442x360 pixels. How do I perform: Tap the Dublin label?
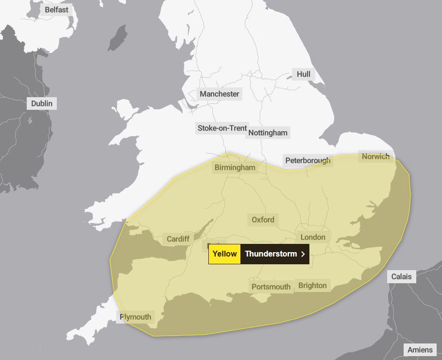42,103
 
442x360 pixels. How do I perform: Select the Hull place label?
304,74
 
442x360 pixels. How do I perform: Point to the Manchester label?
220,94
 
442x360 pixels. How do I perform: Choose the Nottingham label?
268,133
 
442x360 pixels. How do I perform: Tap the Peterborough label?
307,161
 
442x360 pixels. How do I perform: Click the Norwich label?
375,156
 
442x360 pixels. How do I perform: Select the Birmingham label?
235,168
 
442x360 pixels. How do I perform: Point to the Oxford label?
263,220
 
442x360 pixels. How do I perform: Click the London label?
313,237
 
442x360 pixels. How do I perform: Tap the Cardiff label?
178,239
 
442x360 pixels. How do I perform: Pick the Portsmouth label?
271,287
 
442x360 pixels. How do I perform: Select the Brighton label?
312,285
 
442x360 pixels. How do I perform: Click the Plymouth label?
136,317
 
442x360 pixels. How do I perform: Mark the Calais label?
402,276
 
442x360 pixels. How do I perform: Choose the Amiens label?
420,350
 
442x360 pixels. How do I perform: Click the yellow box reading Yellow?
224,254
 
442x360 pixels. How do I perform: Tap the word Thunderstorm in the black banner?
271,254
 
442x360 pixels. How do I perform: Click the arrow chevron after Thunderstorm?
303,254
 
